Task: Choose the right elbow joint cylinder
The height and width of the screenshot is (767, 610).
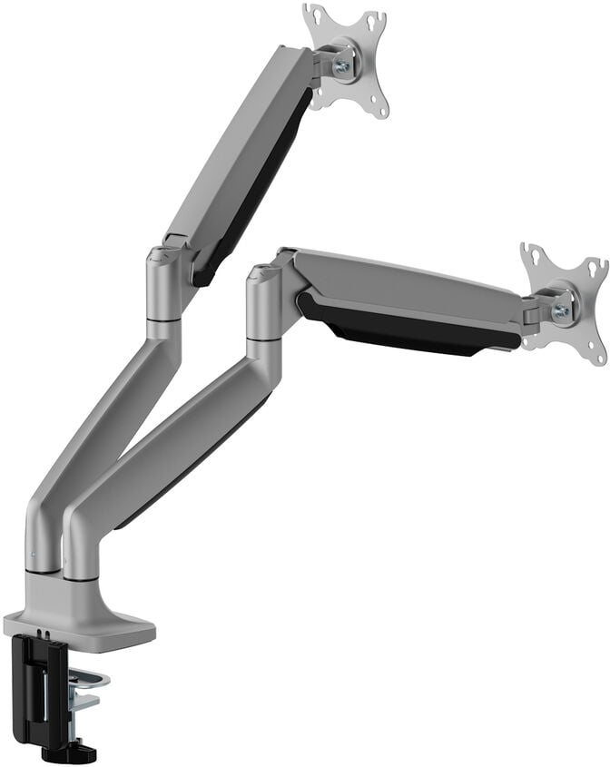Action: coord(265,304)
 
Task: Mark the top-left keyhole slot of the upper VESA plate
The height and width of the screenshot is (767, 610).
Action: coord(312,15)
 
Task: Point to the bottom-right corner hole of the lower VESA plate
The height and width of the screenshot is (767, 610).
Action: coord(598,357)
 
